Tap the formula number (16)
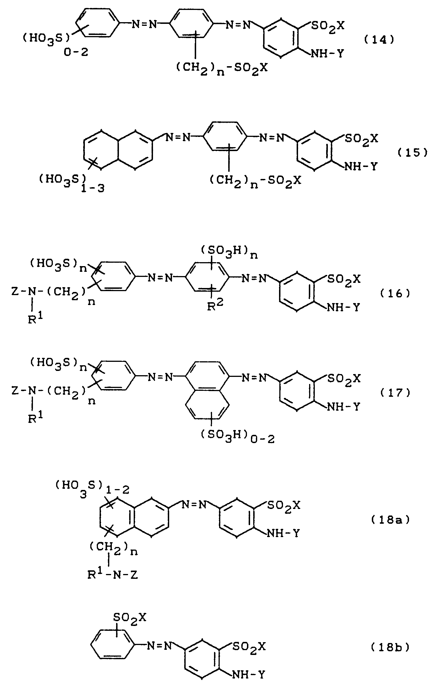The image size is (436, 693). pos(395,293)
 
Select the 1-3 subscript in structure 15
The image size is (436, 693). pos(93,189)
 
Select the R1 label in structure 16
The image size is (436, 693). pos(35,320)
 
